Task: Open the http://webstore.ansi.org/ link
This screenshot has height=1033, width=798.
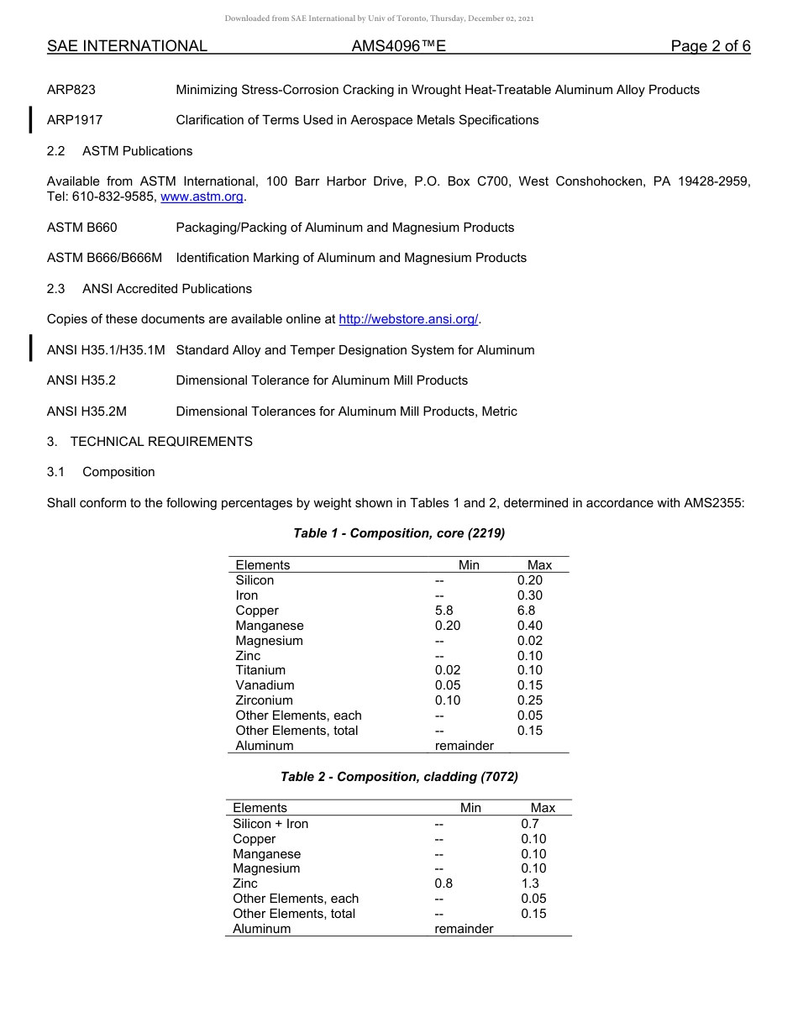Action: pyautogui.click(x=408, y=319)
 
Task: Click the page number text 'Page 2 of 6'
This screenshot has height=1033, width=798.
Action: pyautogui.click(x=710, y=46)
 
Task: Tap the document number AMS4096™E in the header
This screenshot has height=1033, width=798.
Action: pyautogui.click(x=398, y=46)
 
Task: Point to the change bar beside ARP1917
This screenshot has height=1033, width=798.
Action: pyautogui.click(x=31, y=120)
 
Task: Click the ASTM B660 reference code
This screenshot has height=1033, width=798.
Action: pyautogui.click(x=81, y=228)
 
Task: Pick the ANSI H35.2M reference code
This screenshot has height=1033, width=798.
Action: pyautogui.click(x=87, y=412)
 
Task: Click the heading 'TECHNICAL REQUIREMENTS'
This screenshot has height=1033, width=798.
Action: pyautogui.click(x=161, y=442)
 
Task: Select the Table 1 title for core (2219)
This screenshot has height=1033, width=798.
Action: pyautogui.click(x=399, y=533)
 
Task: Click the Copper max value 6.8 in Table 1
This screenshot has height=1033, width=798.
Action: pyautogui.click(x=526, y=611)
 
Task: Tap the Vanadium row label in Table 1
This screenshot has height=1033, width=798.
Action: pyautogui.click(x=265, y=685)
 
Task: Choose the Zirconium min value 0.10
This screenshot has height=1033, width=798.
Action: pyautogui.click(x=447, y=700)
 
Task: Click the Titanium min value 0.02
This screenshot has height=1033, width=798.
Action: pyautogui.click(x=447, y=670)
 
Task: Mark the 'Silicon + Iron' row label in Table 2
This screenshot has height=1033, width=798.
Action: pyautogui.click(x=270, y=824)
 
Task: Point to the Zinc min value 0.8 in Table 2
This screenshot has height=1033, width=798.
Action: pyautogui.click(x=443, y=884)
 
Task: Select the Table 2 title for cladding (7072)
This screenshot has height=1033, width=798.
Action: pyautogui.click(x=399, y=777)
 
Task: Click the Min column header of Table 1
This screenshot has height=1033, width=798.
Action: pyautogui.click(x=469, y=565)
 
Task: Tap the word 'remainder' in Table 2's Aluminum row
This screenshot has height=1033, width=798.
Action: pyautogui.click(x=464, y=929)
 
